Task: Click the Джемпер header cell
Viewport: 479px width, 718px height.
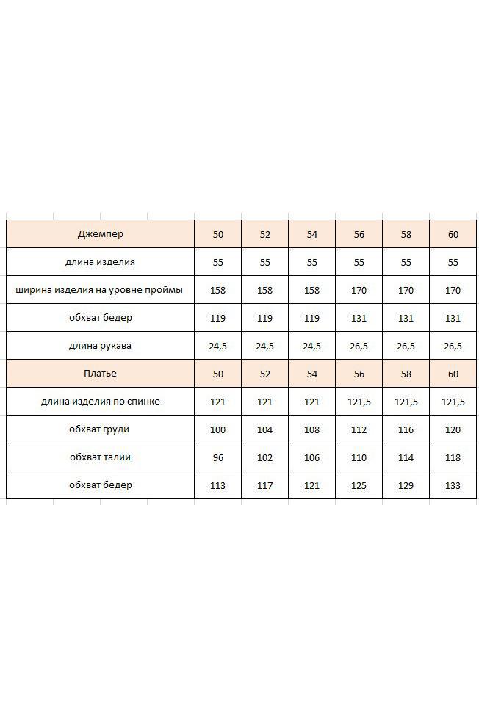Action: tap(101, 234)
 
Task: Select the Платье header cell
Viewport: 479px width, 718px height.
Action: tap(101, 374)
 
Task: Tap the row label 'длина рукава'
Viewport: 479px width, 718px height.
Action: tap(101, 346)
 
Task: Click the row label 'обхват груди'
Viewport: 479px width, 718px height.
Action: tap(101, 429)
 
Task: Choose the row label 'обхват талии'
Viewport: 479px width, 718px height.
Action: tap(101, 457)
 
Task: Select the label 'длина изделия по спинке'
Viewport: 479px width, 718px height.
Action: tap(101, 402)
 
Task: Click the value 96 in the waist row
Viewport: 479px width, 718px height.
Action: tap(218, 457)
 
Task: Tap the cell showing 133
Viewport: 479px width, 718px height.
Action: tap(453, 485)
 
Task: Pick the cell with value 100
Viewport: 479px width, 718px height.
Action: tap(218, 429)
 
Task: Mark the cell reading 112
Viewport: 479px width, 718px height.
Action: tap(359, 429)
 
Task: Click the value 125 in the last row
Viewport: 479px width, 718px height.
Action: tap(359, 485)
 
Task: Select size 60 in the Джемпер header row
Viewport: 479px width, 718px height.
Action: tap(453, 235)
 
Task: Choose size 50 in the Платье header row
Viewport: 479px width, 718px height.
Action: tap(218, 374)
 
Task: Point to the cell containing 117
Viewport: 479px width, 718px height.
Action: tap(265, 485)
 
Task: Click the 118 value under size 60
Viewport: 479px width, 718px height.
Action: tap(453, 457)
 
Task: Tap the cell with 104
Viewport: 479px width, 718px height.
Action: tap(265, 429)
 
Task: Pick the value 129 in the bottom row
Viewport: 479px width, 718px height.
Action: tap(406, 485)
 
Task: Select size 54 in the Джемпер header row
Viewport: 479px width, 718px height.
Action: tap(312, 235)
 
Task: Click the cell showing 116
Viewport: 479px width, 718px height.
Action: tap(406, 429)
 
